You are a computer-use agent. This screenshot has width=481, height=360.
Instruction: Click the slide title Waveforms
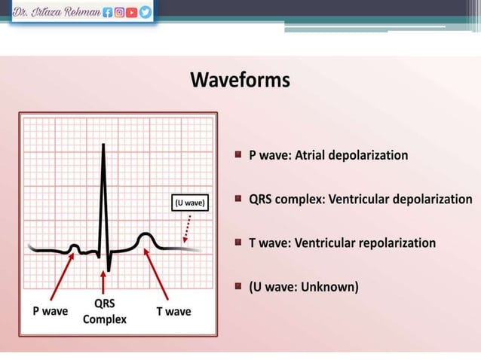[x=240, y=80]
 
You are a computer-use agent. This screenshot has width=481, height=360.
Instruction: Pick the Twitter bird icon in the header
[x=145, y=12]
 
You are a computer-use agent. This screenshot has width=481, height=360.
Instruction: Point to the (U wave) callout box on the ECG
[x=189, y=203]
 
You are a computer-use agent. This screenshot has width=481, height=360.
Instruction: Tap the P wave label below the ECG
[x=51, y=310]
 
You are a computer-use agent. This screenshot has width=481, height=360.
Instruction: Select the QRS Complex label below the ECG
[x=104, y=311]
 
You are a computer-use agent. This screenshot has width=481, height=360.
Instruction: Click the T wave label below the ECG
[x=173, y=310]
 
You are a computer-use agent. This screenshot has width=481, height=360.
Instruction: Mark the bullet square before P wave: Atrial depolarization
[x=237, y=154]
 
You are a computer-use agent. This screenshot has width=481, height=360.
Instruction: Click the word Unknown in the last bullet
[x=329, y=287]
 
